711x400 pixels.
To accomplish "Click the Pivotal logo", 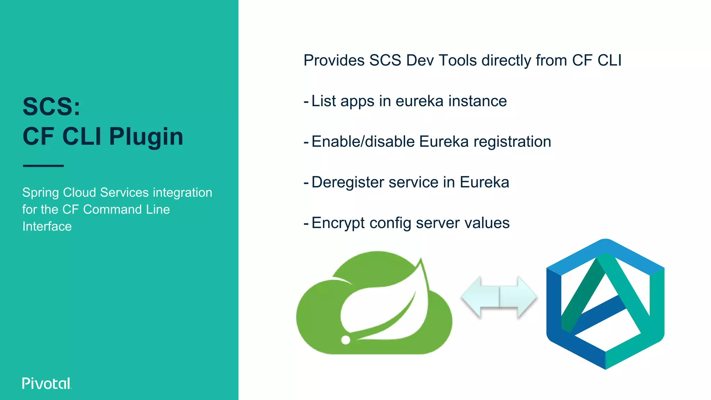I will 47,383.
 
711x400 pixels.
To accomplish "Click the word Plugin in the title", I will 146,136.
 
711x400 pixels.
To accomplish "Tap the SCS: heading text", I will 51,107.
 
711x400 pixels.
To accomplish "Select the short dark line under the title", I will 43,166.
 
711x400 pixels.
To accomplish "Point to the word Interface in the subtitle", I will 47,226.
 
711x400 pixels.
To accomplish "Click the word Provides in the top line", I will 334,60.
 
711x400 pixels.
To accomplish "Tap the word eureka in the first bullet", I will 419,101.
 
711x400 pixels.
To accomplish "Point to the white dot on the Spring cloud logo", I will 345,340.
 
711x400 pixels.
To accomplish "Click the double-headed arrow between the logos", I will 499,298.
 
